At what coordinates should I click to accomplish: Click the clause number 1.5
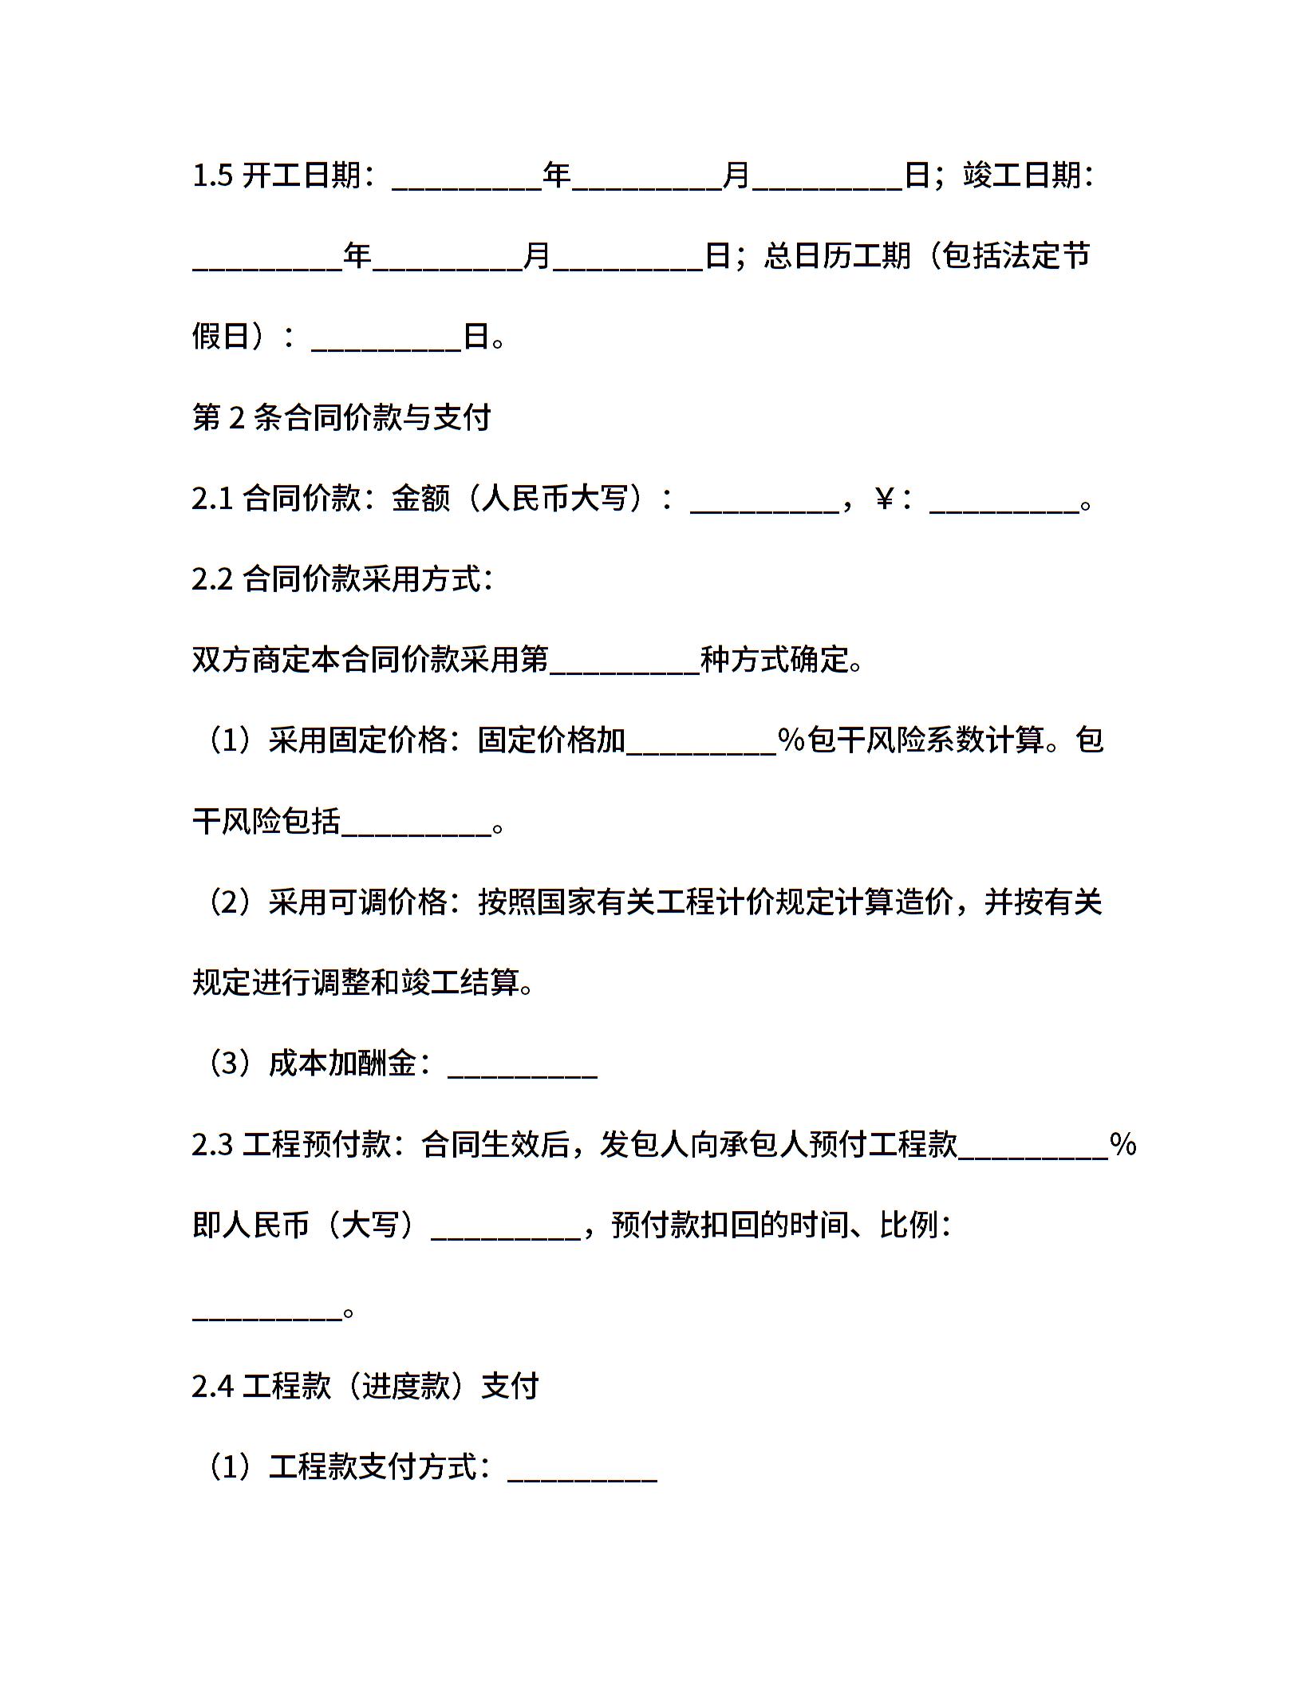tap(212, 176)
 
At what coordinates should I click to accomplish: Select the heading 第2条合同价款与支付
tap(341, 417)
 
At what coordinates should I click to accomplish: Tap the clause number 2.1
tap(212, 499)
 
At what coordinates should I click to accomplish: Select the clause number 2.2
tap(212, 579)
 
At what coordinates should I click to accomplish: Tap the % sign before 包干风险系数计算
tap(791, 740)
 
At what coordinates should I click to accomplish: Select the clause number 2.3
tap(212, 1144)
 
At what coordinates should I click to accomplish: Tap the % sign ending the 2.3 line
tap(1122, 1144)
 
